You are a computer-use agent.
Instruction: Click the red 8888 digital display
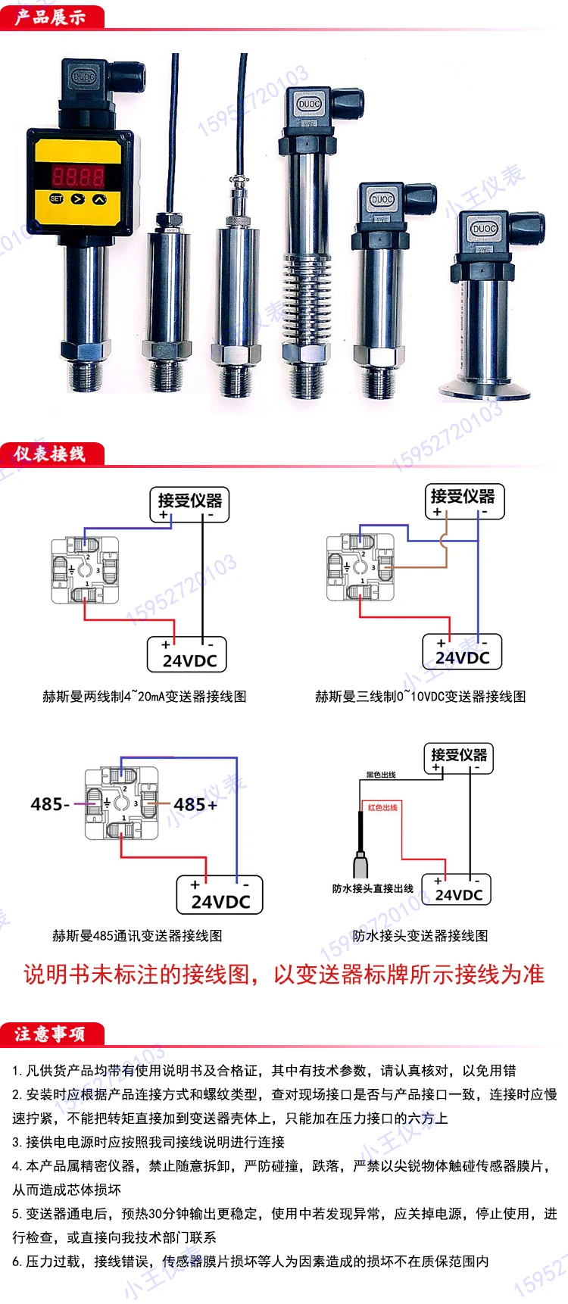coord(77,176)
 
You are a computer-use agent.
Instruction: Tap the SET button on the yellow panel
coord(56,198)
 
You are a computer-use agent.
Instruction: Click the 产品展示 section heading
coord(50,17)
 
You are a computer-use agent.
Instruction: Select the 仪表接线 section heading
coord(50,454)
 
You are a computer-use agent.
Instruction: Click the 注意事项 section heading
coord(50,1034)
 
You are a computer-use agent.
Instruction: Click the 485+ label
coord(195,804)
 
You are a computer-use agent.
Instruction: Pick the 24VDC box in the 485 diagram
coord(220,896)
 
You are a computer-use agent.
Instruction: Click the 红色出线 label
coord(382,807)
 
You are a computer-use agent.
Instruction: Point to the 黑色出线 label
coord(381,775)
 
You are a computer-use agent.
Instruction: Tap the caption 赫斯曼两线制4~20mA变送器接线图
coord(145,697)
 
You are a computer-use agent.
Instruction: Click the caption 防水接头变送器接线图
coord(420,936)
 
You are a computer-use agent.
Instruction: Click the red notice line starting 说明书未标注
coord(284,974)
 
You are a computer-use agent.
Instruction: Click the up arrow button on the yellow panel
coord(99,199)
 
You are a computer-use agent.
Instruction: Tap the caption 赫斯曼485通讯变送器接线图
coord(137,936)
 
